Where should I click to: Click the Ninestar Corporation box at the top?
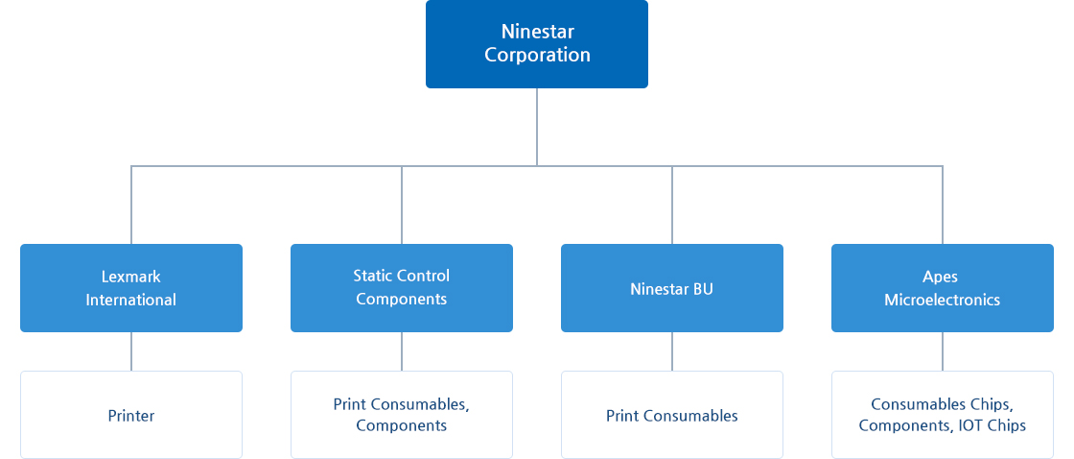coord(536,44)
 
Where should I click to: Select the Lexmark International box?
coord(130,288)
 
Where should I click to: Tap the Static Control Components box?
coord(402,288)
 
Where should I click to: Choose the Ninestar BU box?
coord(672,288)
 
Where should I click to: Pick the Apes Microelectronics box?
coord(943,288)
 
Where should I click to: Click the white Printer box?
coord(130,415)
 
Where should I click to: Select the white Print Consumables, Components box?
coord(402,415)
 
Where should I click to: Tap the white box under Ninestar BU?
coord(672,415)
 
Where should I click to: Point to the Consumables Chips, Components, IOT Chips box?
coord(943,415)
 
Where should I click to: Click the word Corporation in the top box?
coord(538,56)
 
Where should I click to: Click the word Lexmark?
coord(130,277)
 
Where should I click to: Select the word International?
coord(130,300)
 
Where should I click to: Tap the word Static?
coord(370,276)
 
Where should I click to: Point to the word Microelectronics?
coord(943,300)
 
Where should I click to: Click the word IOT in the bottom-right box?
coord(968,425)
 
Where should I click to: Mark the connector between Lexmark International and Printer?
coord(130,351)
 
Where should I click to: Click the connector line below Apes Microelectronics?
coord(943,351)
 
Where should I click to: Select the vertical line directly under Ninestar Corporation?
coord(536,127)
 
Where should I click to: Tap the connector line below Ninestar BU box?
coord(672,351)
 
